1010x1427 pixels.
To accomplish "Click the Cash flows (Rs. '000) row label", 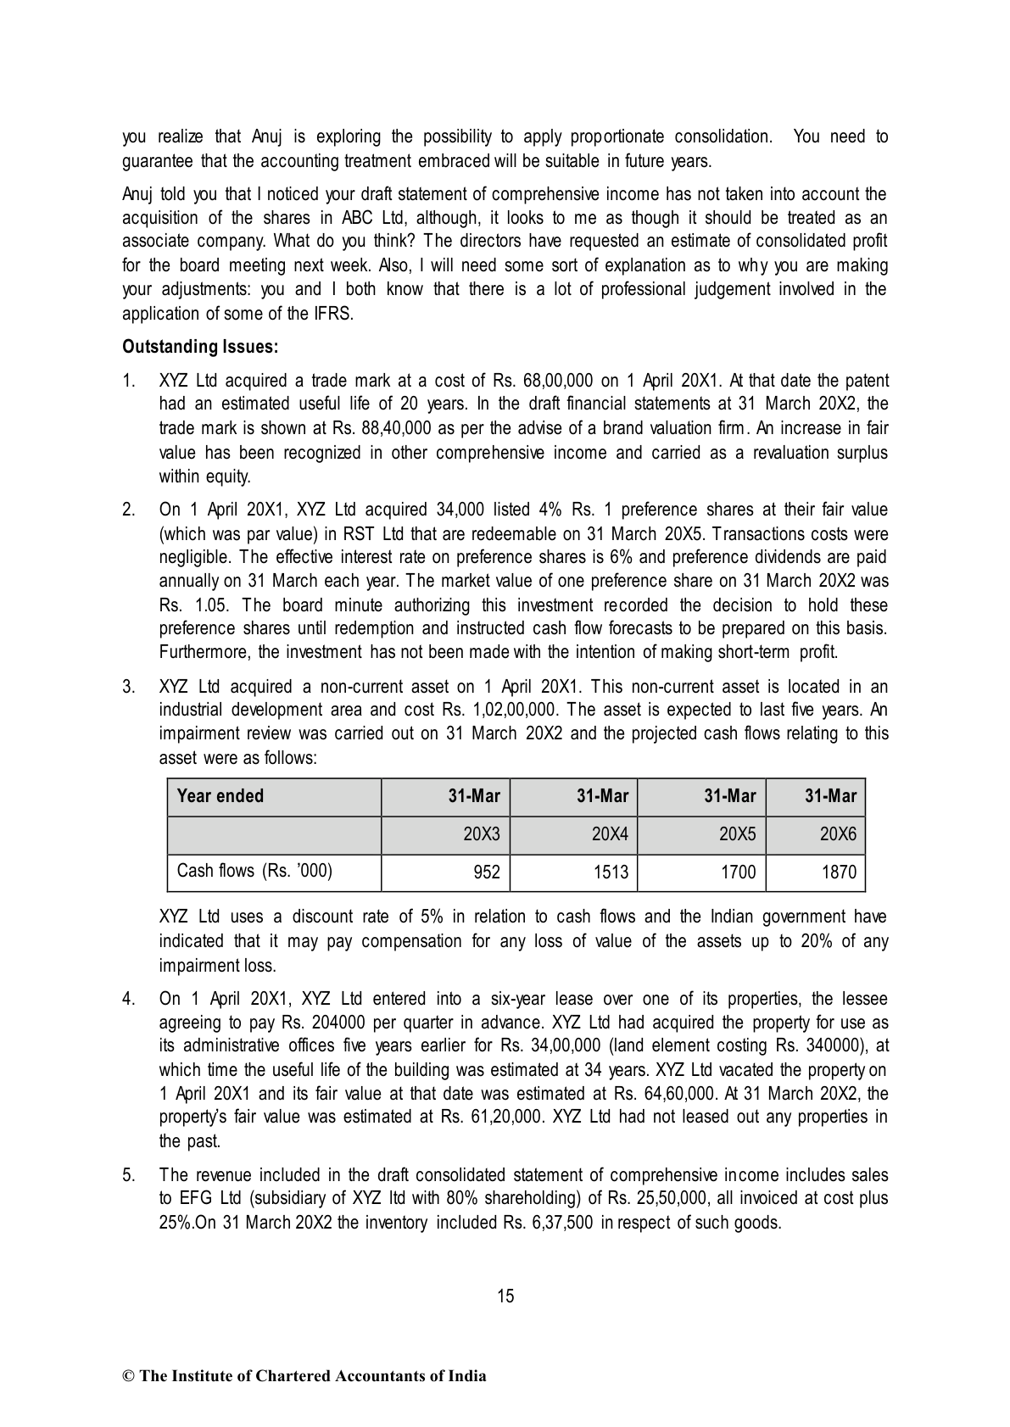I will pyautogui.click(x=254, y=871).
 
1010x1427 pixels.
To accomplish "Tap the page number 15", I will pyautogui.click(x=505, y=1296).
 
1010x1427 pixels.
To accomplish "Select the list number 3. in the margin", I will pyautogui.click(x=129, y=687).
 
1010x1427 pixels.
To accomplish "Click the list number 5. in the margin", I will pyautogui.click(x=129, y=1175).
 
